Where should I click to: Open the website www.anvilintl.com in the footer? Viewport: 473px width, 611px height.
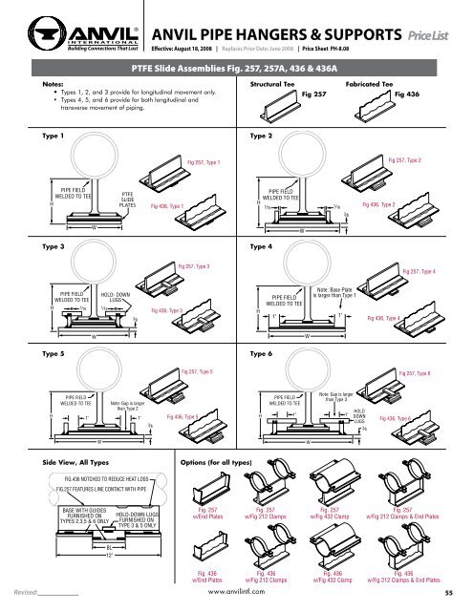235,594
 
